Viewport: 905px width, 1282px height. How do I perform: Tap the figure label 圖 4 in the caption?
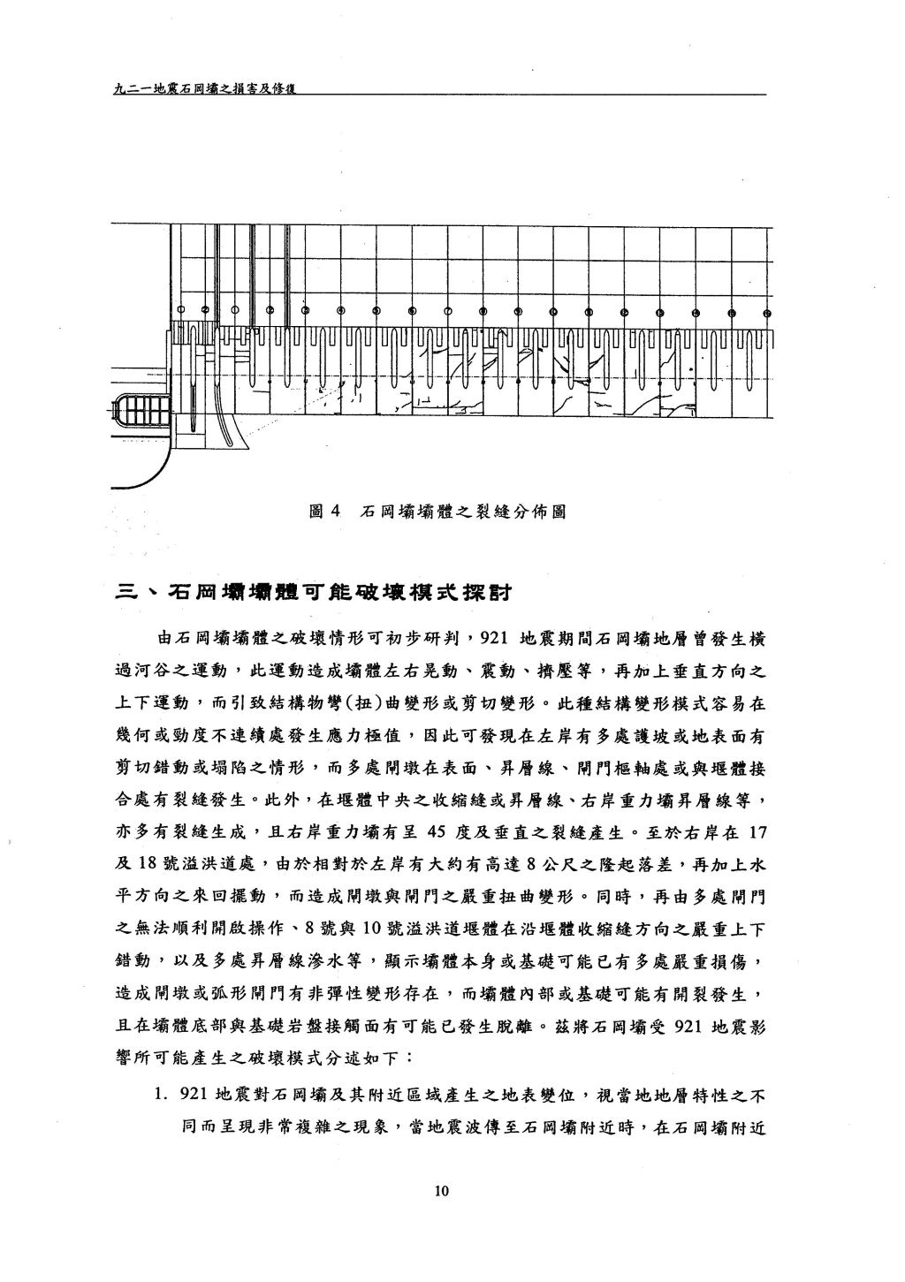324,511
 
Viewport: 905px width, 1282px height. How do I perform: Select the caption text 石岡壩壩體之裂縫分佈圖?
463,511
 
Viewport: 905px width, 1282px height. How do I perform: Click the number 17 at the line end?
757,832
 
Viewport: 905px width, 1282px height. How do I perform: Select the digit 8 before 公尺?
530,864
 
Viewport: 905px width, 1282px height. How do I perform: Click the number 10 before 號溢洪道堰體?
372,929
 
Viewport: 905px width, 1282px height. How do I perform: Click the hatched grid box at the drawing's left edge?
143,410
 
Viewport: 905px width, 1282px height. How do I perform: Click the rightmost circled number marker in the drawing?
767,313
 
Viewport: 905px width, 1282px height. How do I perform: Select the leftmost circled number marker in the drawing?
181,309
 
